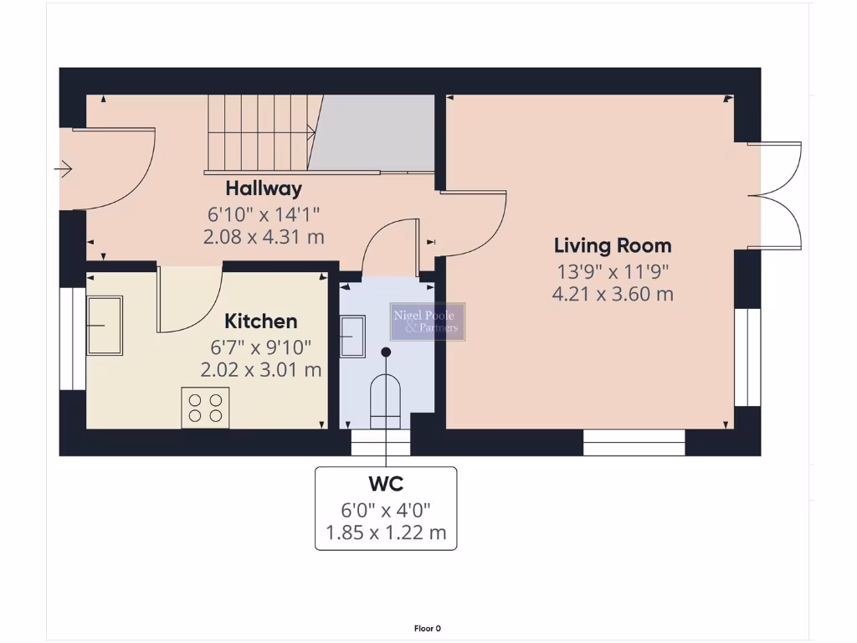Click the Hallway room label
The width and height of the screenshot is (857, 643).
coord(263,188)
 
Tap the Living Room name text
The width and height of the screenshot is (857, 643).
coord(613,245)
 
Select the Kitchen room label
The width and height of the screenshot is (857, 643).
coord(261,321)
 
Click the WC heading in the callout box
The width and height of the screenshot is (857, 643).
coord(386,484)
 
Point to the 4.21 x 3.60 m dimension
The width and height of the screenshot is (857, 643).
coord(613,294)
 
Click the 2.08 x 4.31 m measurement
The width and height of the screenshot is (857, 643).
coord(263,237)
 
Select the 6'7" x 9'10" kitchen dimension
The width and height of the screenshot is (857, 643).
coord(261,347)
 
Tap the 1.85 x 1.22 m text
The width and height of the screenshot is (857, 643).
coord(386,532)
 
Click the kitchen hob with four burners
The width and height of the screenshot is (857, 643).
coord(205,408)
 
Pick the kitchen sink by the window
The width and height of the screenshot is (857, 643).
coord(105,325)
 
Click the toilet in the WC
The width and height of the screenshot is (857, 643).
coord(386,400)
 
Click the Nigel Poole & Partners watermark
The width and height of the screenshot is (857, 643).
coord(428,321)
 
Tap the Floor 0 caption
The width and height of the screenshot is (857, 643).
coord(427,628)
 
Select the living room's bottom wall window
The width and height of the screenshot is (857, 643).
coord(634,442)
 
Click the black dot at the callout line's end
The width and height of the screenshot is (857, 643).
coord(386,352)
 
